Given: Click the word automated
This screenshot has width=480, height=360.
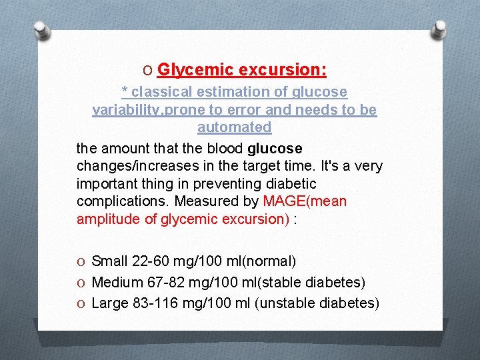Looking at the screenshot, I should tap(235, 127).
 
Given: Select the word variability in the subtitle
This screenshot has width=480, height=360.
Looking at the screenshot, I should tap(123, 109).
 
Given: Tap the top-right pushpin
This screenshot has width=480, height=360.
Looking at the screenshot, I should tap(439, 30).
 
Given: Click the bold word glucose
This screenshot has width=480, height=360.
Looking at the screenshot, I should tap(275, 148).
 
